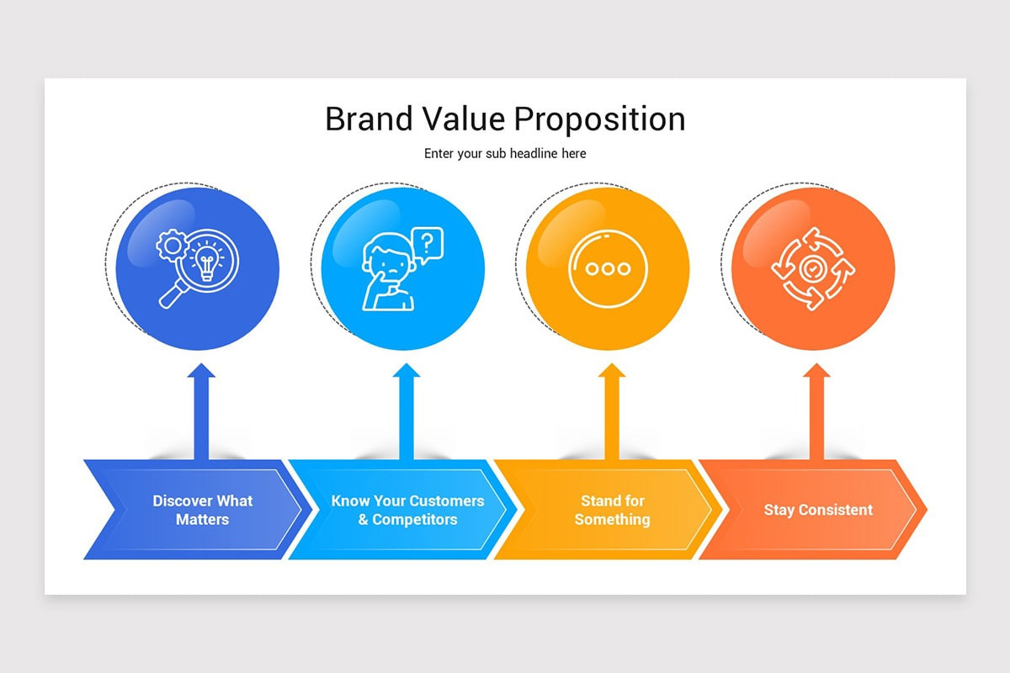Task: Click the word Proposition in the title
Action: pos(599,120)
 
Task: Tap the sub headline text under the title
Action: pos(505,154)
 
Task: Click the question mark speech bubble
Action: pos(428,244)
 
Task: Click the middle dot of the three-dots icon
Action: pos(609,269)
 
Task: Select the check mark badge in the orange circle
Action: pos(812,269)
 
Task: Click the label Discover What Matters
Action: pos(202,510)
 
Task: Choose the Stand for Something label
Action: pos(612,510)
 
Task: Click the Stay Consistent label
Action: pos(818,510)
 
